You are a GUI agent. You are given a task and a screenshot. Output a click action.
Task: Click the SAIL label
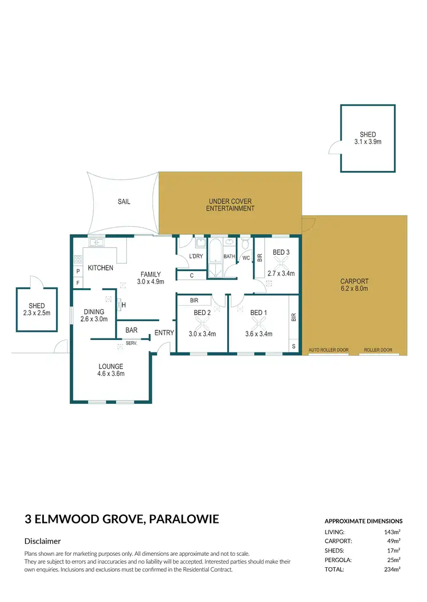click(x=124, y=202)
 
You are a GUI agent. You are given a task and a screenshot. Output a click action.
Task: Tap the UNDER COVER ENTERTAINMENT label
click(x=230, y=205)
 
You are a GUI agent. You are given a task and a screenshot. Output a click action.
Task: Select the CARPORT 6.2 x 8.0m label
click(x=354, y=285)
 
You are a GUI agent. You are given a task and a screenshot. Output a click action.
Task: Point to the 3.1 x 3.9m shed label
click(x=367, y=138)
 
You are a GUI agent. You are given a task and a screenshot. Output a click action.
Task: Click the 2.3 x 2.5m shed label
click(x=36, y=310)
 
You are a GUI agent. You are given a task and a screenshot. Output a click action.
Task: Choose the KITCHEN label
click(x=100, y=268)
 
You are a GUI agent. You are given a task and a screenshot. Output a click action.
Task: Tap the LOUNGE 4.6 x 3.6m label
click(x=111, y=370)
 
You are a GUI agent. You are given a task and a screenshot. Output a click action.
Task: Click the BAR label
click(x=132, y=330)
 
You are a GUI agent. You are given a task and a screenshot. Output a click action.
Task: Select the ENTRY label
click(x=164, y=333)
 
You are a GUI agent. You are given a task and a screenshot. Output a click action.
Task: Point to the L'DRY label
click(x=196, y=256)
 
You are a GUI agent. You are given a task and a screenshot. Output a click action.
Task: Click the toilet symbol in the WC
click(x=245, y=244)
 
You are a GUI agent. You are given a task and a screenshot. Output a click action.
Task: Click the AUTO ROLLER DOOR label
click(x=328, y=350)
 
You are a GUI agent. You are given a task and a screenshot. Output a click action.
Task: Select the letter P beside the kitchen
click(x=78, y=271)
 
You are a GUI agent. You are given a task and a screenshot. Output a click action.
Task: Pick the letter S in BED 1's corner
click(x=294, y=346)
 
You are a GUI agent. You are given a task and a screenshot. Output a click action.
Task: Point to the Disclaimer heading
click(x=43, y=541)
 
